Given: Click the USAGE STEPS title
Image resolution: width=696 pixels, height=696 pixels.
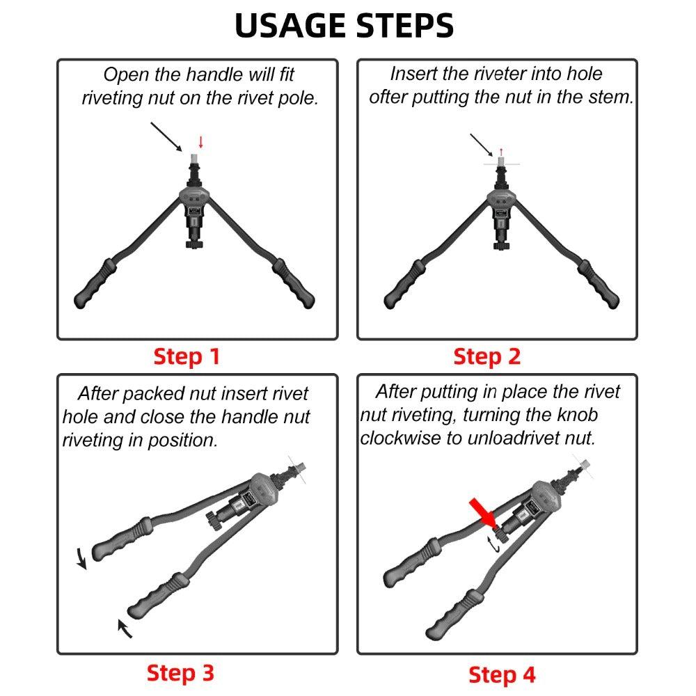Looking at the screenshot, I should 345,25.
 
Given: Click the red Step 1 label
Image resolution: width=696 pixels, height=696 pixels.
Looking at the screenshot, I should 186,356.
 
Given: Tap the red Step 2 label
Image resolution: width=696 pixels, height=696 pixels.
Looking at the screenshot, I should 487,356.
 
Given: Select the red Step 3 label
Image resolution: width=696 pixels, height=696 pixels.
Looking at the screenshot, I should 180,673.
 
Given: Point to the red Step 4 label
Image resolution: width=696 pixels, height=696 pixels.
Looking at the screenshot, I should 502,674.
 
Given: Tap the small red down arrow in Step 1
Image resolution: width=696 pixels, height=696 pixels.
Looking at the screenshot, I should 201,142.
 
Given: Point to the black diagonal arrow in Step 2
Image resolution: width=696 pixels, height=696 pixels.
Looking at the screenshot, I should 482,144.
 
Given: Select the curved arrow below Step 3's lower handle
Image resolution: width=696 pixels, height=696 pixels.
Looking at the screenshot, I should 123,627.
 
